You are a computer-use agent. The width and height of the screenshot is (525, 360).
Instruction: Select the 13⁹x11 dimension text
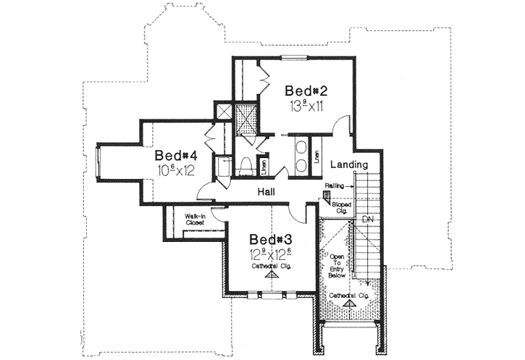pyautogui.click(x=307, y=107)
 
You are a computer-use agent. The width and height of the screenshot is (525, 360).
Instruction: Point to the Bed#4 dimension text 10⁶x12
pyautogui.click(x=176, y=171)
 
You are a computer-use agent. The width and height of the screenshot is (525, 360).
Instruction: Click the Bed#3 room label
pyautogui.click(x=272, y=240)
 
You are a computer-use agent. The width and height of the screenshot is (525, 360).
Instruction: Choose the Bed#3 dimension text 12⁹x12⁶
pyautogui.click(x=272, y=255)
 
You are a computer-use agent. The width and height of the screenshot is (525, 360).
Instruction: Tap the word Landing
pyautogui.click(x=349, y=165)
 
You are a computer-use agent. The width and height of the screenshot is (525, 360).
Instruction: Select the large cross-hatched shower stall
pyautogui.click(x=248, y=115)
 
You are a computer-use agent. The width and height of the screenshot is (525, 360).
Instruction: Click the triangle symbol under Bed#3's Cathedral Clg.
pyautogui.click(x=272, y=276)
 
